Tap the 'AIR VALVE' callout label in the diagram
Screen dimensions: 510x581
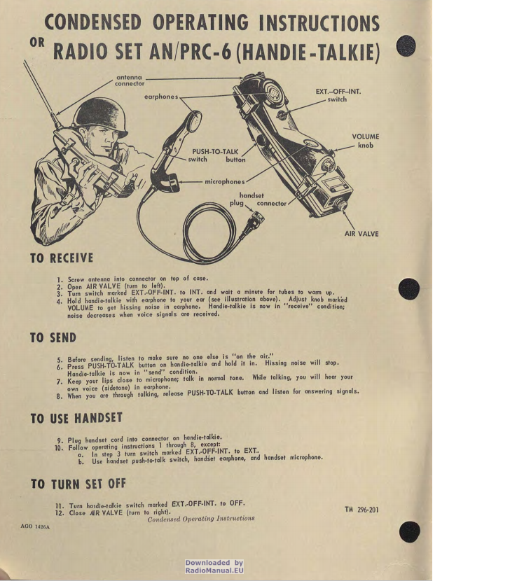(x=361, y=234)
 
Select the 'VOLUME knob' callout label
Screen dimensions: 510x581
(x=366, y=141)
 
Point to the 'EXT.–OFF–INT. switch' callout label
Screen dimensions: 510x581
(x=338, y=95)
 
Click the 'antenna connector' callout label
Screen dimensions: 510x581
(x=130, y=80)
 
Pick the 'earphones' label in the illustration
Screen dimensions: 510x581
(x=161, y=97)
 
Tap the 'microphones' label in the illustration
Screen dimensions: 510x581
(x=225, y=181)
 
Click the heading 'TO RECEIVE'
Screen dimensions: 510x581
(x=62, y=258)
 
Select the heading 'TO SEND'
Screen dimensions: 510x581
(x=53, y=337)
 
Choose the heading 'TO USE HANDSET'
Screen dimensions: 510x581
(x=76, y=418)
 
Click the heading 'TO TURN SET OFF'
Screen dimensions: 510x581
(x=78, y=484)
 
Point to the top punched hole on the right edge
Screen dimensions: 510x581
(x=406, y=46)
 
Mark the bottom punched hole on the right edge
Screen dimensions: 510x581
(x=410, y=532)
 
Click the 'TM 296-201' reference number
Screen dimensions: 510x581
(x=361, y=510)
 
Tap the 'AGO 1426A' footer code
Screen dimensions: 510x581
(x=35, y=526)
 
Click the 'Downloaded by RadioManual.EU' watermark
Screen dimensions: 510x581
(x=214, y=566)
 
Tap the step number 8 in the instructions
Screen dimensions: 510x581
(x=60, y=396)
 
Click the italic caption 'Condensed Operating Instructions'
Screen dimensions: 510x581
(x=201, y=519)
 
